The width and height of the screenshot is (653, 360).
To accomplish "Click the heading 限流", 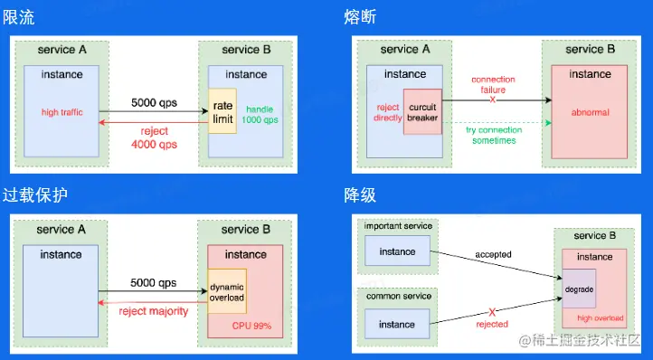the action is (x=19, y=17).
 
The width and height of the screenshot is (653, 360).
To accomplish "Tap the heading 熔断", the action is (x=360, y=17).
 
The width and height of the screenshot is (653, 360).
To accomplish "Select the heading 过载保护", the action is (x=35, y=195).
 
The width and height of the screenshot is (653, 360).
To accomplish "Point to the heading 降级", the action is (x=360, y=195).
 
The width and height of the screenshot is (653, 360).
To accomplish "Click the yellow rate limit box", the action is (x=222, y=111).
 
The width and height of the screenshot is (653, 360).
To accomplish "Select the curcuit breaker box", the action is (x=422, y=111).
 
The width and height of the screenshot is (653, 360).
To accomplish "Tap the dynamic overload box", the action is (x=227, y=291).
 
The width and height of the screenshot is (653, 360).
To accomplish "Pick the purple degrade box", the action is (x=579, y=289).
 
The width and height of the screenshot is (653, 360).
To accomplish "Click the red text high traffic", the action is (x=62, y=112).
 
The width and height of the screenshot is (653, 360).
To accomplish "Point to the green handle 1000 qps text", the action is (x=260, y=115).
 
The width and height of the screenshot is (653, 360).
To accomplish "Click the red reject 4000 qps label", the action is (x=154, y=137).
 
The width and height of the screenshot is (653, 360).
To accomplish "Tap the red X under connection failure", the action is (x=493, y=100).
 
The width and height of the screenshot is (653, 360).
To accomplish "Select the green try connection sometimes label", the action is (x=494, y=135).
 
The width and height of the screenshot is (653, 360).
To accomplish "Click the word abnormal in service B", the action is (x=590, y=112).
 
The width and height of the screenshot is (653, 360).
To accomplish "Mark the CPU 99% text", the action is (x=252, y=326).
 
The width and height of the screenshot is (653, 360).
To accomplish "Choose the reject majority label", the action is (x=154, y=311).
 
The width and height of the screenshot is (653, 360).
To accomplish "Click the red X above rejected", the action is (x=492, y=312).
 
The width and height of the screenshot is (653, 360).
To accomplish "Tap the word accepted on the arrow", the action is (x=494, y=254).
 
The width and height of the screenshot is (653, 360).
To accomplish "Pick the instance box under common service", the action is (x=397, y=324).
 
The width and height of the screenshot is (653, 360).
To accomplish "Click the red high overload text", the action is (x=601, y=317).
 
